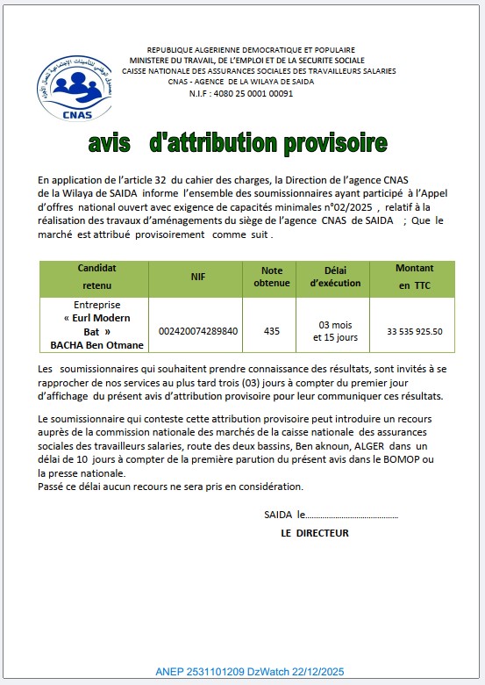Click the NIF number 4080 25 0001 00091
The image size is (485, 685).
253,93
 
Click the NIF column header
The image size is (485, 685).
197,277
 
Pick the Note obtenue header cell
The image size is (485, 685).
272,277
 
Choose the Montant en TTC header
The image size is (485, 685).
415,277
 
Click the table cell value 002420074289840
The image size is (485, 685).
197,331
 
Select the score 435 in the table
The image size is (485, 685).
272,331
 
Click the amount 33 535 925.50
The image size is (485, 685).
415,331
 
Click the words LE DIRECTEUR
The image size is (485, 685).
315,533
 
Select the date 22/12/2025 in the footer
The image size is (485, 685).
318,671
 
